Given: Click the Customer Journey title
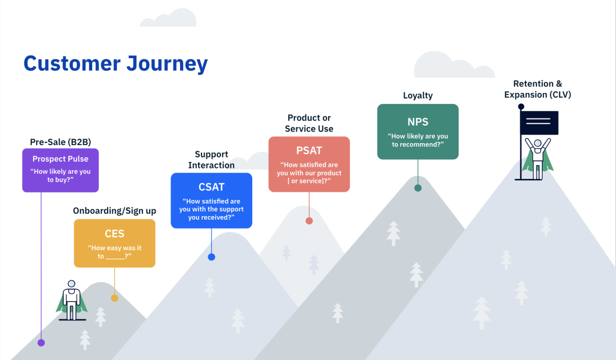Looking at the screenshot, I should pyautogui.click(x=115, y=63).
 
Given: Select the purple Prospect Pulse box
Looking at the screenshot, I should pyautogui.click(x=61, y=170).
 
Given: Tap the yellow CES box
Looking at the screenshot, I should pyautogui.click(x=114, y=243).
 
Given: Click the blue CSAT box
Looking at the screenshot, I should pyautogui.click(x=211, y=200).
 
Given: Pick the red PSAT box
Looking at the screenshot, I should pyautogui.click(x=309, y=164).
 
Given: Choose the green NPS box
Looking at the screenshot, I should pyautogui.click(x=417, y=131).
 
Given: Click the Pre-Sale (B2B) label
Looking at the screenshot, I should pyautogui.click(x=61, y=142).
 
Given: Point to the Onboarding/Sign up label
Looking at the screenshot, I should pyautogui.click(x=114, y=211).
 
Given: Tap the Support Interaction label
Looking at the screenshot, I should pyautogui.click(x=211, y=160).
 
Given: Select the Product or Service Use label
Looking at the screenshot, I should pyautogui.click(x=309, y=123).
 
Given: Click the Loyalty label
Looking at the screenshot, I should pyautogui.click(x=417, y=95).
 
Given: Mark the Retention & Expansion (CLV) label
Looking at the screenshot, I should pyautogui.click(x=537, y=89).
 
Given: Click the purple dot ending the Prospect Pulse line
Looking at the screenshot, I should pyautogui.click(x=41, y=343).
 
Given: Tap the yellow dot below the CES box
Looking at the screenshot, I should pyautogui.click(x=115, y=298).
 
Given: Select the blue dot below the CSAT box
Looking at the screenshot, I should pyautogui.click(x=211, y=257).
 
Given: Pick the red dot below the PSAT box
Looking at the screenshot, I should pyautogui.click(x=309, y=221).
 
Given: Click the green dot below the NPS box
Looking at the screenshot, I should pyautogui.click(x=418, y=188).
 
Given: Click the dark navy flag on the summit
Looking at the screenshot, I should pyautogui.click(x=539, y=123).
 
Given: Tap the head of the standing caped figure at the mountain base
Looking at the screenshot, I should pyautogui.click(x=71, y=284).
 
